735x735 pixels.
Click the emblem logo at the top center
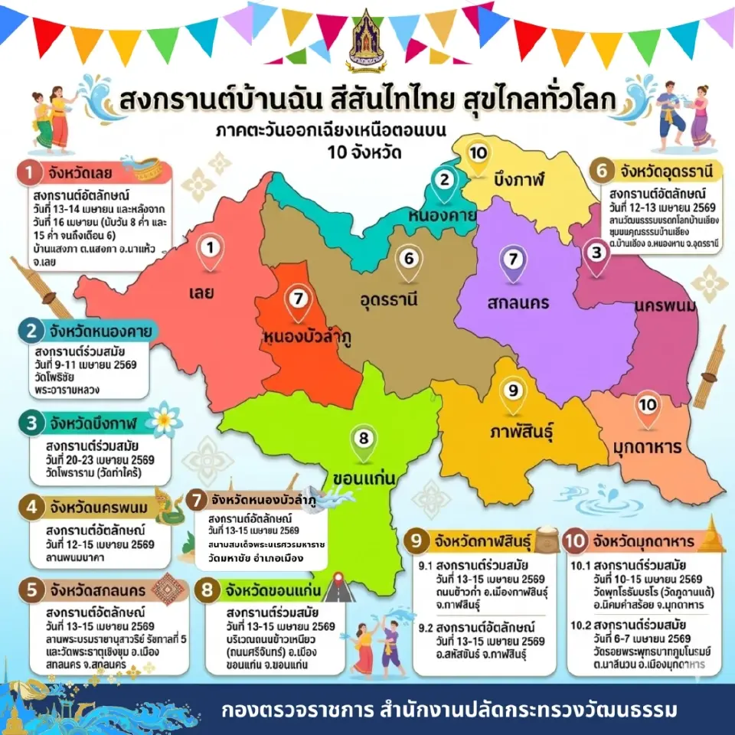click(x=367, y=36)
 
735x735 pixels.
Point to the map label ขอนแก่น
click(x=363, y=479)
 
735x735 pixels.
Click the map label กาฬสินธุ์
click(x=521, y=432)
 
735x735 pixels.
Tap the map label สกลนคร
click(x=518, y=302)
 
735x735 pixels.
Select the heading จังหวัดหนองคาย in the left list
click(x=92, y=332)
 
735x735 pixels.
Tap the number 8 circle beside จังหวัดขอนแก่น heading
click(x=206, y=591)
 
